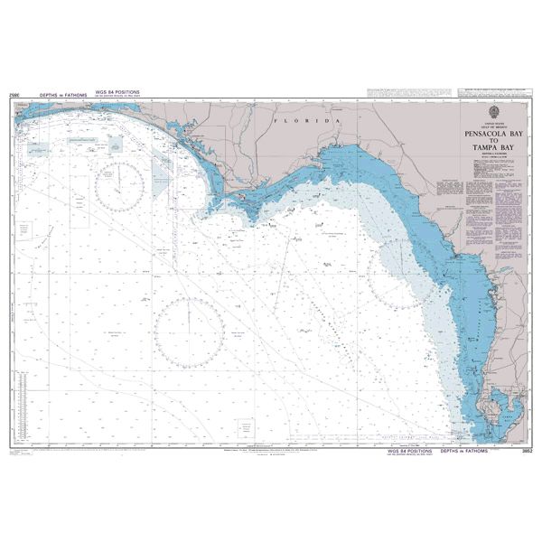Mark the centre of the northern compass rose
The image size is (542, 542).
coord(119,183)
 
